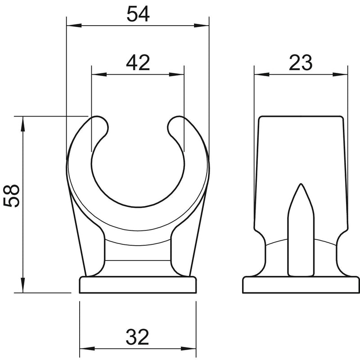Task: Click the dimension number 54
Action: pos(138,14)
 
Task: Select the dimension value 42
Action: pos(138,63)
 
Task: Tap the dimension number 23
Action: pos(301,63)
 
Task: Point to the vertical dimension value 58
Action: pos(12,196)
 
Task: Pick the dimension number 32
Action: pos(138,337)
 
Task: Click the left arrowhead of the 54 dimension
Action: pos(74,26)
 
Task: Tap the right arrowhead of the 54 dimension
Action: pos(201,26)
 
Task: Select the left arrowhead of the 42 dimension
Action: pos(99,74)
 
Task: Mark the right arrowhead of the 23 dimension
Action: pos(340,74)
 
